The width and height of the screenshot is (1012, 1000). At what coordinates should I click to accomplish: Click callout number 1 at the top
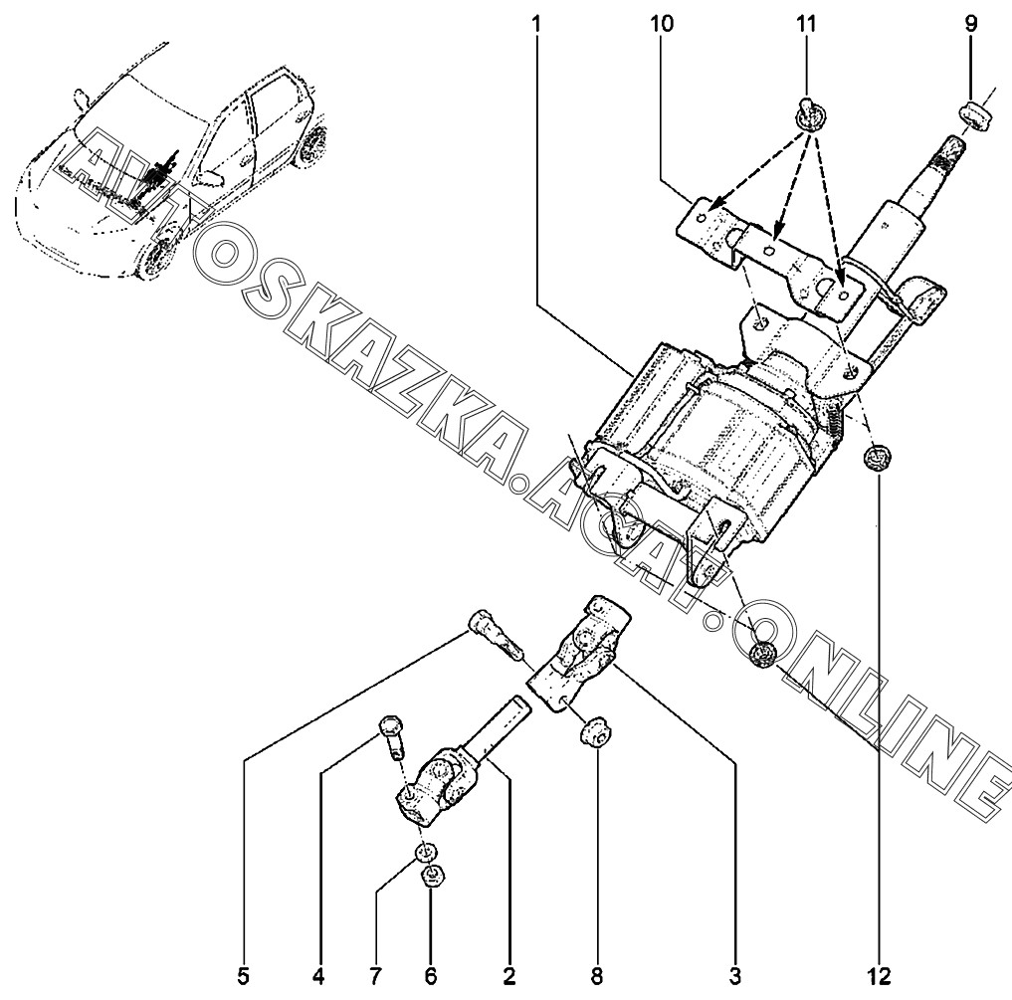click(x=536, y=25)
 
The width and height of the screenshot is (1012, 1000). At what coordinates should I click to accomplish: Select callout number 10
click(x=662, y=25)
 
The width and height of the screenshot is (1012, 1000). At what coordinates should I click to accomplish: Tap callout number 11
click(x=806, y=25)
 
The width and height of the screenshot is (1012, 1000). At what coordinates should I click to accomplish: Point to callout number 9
click(x=970, y=25)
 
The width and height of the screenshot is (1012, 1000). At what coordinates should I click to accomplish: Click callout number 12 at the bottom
click(x=879, y=976)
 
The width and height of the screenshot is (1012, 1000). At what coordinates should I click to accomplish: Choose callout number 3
click(x=735, y=976)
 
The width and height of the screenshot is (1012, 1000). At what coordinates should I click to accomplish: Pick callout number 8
click(x=596, y=976)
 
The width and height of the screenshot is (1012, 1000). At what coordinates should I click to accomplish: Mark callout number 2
click(x=509, y=976)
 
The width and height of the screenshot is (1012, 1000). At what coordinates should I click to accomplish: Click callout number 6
click(x=431, y=976)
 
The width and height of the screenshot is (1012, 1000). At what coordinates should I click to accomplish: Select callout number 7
click(x=375, y=976)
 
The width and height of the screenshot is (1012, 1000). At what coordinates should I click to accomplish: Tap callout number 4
click(x=317, y=976)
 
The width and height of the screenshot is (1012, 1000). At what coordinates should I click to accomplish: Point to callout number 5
click(x=243, y=976)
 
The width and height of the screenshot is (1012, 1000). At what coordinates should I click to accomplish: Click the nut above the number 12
click(x=877, y=459)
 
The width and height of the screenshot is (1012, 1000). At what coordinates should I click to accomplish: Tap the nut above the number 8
click(x=596, y=729)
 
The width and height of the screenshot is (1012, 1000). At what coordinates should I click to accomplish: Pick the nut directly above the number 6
click(x=431, y=876)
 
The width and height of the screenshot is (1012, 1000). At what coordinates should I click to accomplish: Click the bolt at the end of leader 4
click(x=390, y=737)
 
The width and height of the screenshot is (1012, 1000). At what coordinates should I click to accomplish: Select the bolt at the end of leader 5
click(x=497, y=635)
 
